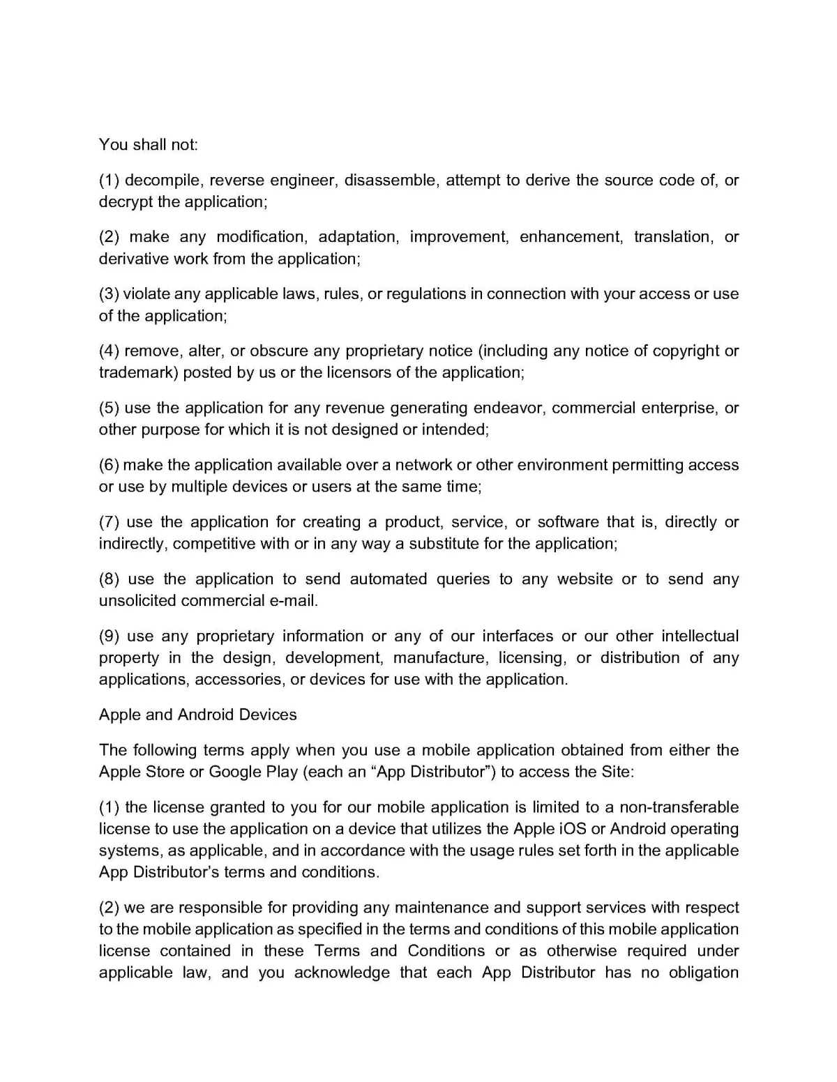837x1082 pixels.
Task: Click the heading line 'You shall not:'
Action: (149, 144)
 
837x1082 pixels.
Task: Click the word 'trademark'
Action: (138, 372)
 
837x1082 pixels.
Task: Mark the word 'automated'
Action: (388, 579)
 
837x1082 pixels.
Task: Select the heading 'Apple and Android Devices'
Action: (198, 715)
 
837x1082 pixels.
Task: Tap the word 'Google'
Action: (234, 772)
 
